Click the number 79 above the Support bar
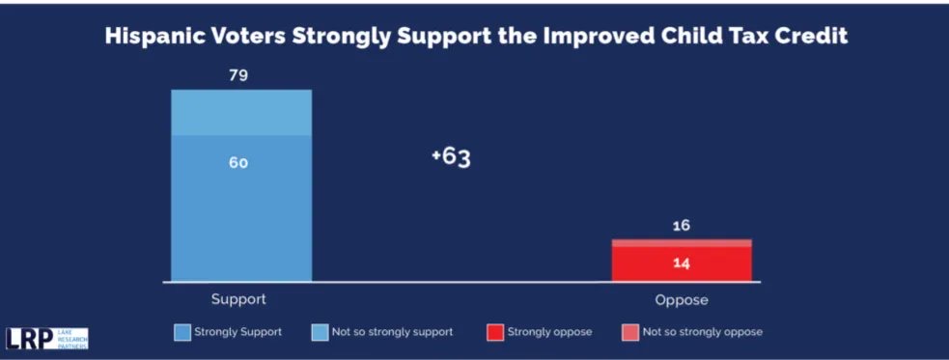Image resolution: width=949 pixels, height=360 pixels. pyautogui.click(x=239, y=75)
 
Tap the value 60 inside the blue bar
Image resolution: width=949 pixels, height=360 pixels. pyautogui.click(x=238, y=162)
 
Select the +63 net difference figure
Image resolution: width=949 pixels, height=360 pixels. pyautogui.click(x=451, y=157)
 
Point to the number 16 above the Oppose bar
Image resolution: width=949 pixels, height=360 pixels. pyautogui.click(x=682, y=226)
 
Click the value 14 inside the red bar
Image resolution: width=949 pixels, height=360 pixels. pyautogui.click(x=682, y=263)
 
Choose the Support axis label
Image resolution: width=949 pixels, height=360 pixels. pyautogui.click(x=239, y=299)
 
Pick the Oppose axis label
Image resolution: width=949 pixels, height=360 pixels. pyautogui.click(x=682, y=299)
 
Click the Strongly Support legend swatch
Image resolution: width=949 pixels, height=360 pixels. pyautogui.click(x=181, y=332)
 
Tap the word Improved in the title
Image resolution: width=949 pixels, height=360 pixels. pyautogui.click(x=593, y=37)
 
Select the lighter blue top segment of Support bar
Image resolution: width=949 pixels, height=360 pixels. pyautogui.click(x=241, y=112)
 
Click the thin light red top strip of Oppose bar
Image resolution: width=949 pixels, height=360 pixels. pyautogui.click(x=682, y=242)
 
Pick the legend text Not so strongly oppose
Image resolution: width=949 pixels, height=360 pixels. pyautogui.click(x=701, y=332)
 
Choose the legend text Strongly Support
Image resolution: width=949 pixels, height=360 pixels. pyautogui.click(x=238, y=332)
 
